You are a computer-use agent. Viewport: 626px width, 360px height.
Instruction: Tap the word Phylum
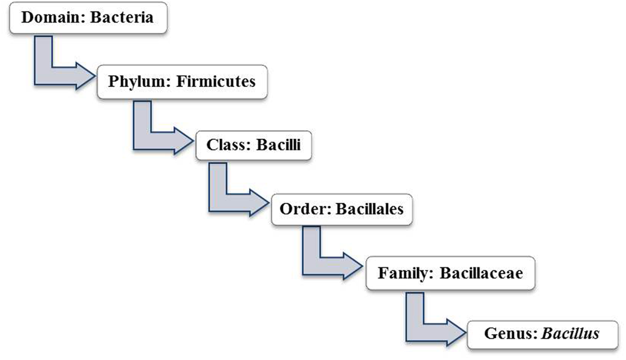point(136,81)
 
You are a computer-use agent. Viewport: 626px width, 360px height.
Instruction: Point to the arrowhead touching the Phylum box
point(84,74)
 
